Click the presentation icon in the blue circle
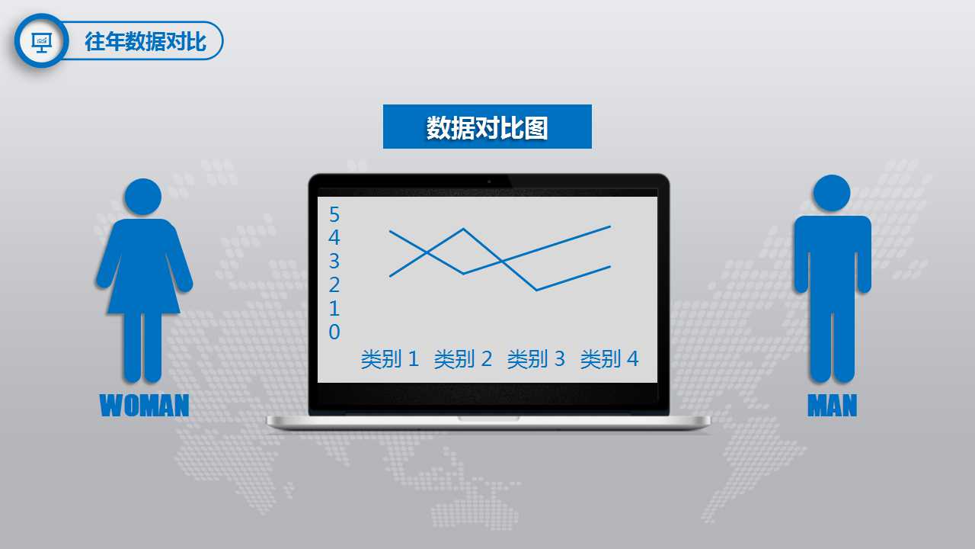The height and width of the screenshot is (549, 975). tap(41, 40)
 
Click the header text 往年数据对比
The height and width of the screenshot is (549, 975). tap(145, 41)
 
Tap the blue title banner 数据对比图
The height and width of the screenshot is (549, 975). tap(487, 127)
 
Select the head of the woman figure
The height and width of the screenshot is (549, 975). tap(143, 197)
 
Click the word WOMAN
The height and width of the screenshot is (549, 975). tap(144, 406)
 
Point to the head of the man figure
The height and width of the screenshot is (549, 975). tap(832, 193)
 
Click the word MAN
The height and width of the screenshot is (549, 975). tap(832, 406)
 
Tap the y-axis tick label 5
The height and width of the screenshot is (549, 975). tap(334, 214)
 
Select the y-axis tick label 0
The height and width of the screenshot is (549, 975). tap(334, 332)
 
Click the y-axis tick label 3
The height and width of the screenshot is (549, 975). tap(334, 262)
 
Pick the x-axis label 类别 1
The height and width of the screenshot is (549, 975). tap(390, 359)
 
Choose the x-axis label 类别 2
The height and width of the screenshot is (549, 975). tap(463, 359)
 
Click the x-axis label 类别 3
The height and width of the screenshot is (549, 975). tap(536, 359)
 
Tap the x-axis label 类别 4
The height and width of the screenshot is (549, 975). tap(609, 359)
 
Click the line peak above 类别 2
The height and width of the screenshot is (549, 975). tap(463, 229)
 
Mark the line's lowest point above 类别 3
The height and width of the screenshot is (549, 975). tap(536, 290)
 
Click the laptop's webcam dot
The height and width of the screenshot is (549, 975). tap(489, 181)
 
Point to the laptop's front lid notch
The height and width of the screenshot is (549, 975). tap(488, 419)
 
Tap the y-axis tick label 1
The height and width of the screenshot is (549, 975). tap(334, 309)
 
